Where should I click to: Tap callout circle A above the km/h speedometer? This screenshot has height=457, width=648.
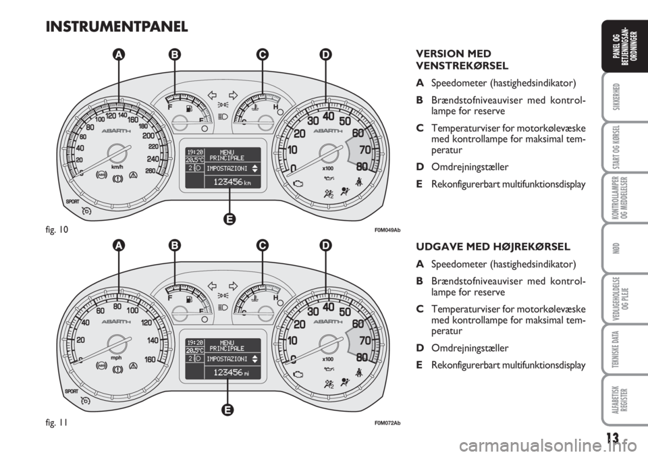(119, 58)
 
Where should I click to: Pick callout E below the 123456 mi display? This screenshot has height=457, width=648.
(230, 409)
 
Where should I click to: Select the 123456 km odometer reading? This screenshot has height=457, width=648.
(223, 182)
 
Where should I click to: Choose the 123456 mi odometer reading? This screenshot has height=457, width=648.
(223, 372)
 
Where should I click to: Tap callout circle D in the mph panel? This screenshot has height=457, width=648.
(326, 247)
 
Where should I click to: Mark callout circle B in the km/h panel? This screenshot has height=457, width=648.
(175, 58)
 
